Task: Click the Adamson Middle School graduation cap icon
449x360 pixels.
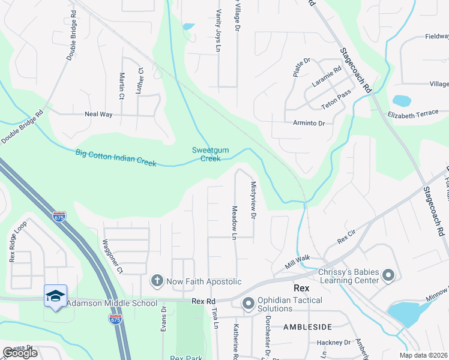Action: coord(55,296)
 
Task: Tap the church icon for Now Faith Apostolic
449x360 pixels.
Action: coord(157,280)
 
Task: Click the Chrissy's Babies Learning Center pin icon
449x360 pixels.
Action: coord(388,276)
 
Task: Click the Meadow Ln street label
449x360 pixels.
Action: coord(234,223)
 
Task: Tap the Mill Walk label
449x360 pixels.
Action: coord(297,262)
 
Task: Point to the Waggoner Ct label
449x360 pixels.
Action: coord(112,257)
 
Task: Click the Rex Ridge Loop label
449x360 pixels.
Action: coord(19,242)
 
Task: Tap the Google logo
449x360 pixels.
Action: coord(20,353)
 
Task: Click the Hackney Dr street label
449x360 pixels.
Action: coord(334,343)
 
